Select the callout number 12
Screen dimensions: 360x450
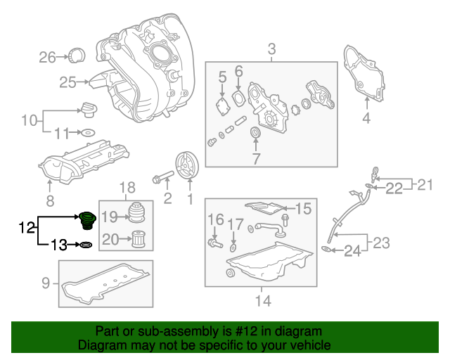(26, 227)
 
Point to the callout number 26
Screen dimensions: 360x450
(46, 57)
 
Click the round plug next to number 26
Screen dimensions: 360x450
(76, 55)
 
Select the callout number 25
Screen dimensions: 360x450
(67, 82)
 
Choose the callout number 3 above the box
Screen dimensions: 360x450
(271, 49)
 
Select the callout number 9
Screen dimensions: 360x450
(46, 284)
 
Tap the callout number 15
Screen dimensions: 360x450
(302, 208)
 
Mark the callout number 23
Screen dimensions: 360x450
(380, 243)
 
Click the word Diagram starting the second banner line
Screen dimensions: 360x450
(99, 346)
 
